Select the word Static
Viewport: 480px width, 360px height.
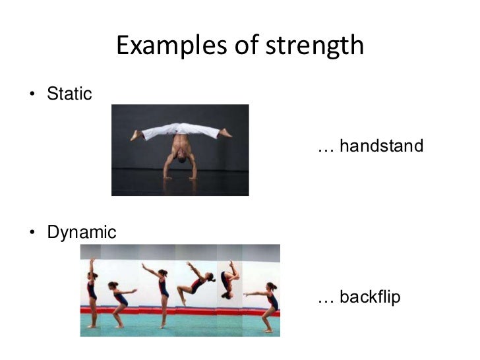pos(69,94)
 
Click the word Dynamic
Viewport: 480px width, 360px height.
pos(82,233)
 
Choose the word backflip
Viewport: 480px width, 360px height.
pos(370,298)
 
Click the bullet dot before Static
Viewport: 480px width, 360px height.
pos(32,95)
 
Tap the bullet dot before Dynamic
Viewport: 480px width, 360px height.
pos(32,233)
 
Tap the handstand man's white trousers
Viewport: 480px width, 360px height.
pos(180,131)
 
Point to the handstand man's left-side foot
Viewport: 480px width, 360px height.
pos(136,135)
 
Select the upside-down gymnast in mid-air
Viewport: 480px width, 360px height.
pos(228,280)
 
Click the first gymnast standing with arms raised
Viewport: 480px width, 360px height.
pos(92,293)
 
